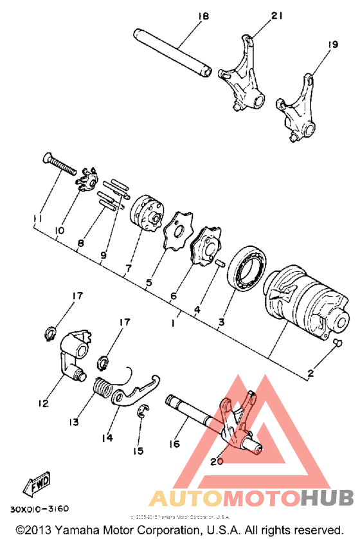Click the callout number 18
tap(204, 16)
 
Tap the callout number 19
tap(332, 44)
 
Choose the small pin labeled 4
tap(220, 262)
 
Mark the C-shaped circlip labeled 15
tap(143, 411)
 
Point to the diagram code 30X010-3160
tap(39, 509)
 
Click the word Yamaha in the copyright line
tap(85, 529)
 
